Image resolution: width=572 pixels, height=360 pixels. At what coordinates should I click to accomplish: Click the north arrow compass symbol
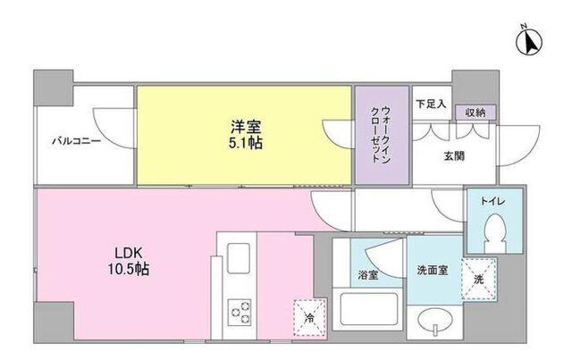(x=527, y=41)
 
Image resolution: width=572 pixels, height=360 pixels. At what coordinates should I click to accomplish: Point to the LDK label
(x=129, y=253)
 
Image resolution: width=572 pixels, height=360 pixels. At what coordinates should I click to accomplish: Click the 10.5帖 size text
(x=130, y=270)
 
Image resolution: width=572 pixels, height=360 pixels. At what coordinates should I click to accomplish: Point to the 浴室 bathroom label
(x=367, y=274)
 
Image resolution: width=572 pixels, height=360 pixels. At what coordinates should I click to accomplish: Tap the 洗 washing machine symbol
(x=481, y=279)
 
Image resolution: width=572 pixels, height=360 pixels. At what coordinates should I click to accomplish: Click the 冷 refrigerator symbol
(x=308, y=317)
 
